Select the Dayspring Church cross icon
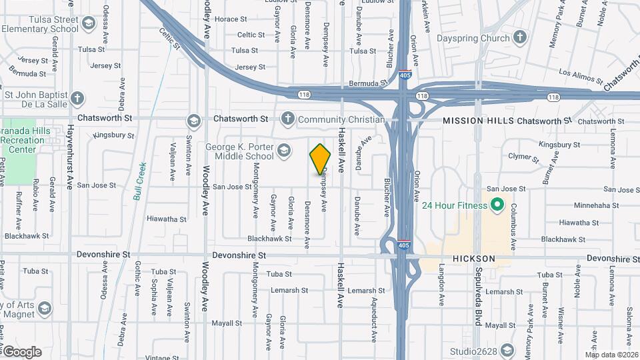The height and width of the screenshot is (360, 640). pyautogui.click(x=521, y=39)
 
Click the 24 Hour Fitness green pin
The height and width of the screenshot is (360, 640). pyautogui.click(x=497, y=205)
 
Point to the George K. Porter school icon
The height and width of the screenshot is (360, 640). pyautogui.click(x=283, y=151)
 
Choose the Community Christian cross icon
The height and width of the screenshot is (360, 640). pyautogui.click(x=287, y=119)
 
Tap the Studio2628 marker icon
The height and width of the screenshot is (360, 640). pyautogui.click(x=507, y=351)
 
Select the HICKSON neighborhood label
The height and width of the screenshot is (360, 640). pyautogui.click(x=475, y=258)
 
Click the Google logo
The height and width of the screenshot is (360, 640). pyautogui.click(x=21, y=352)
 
